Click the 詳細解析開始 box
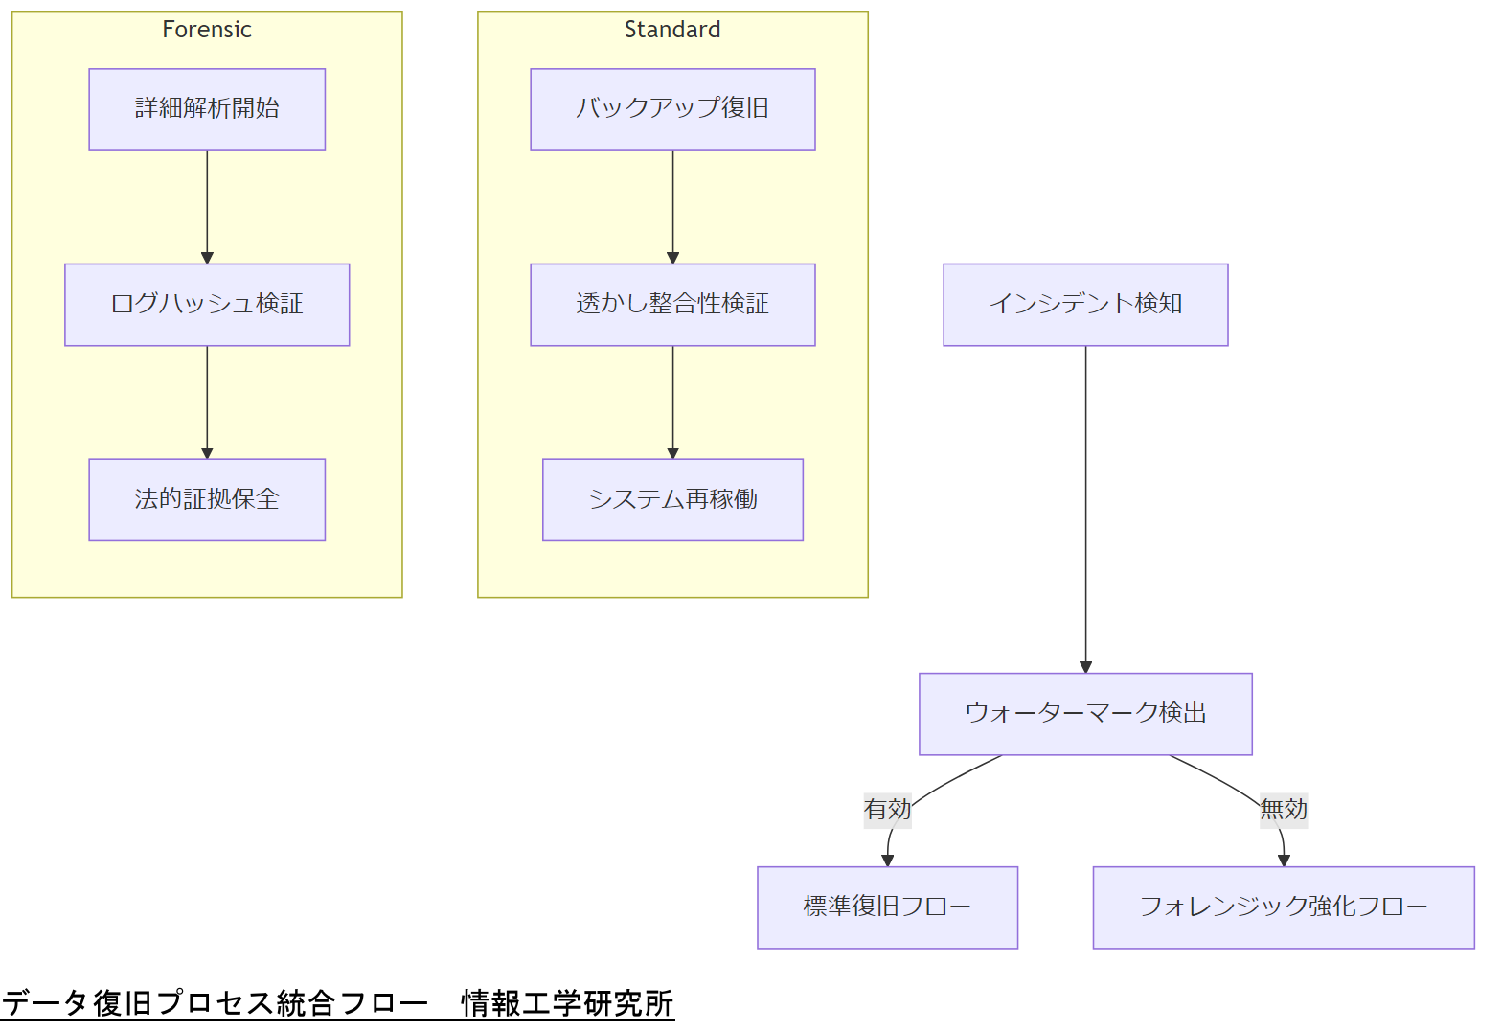pos(207,109)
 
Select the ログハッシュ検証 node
pos(207,305)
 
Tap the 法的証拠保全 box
pos(207,499)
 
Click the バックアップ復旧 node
pos(672,109)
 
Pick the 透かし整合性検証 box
pos(672,305)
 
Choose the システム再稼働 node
pos(672,499)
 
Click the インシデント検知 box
pos(1085,305)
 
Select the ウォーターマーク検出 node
pos(1085,714)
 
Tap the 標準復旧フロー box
pos(887,907)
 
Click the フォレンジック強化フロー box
pos(1284,907)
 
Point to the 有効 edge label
pos(887,810)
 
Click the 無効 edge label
pos(1284,810)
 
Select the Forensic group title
pos(207,30)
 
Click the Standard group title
pos(672,30)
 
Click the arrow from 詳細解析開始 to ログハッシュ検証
pos(207,206)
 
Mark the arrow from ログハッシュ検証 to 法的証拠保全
pos(207,402)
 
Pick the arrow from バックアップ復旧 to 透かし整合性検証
pos(672,206)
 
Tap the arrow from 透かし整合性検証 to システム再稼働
pos(672,402)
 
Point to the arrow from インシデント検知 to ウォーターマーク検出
pos(1085,508)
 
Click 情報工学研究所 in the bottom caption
pos(567,1003)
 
